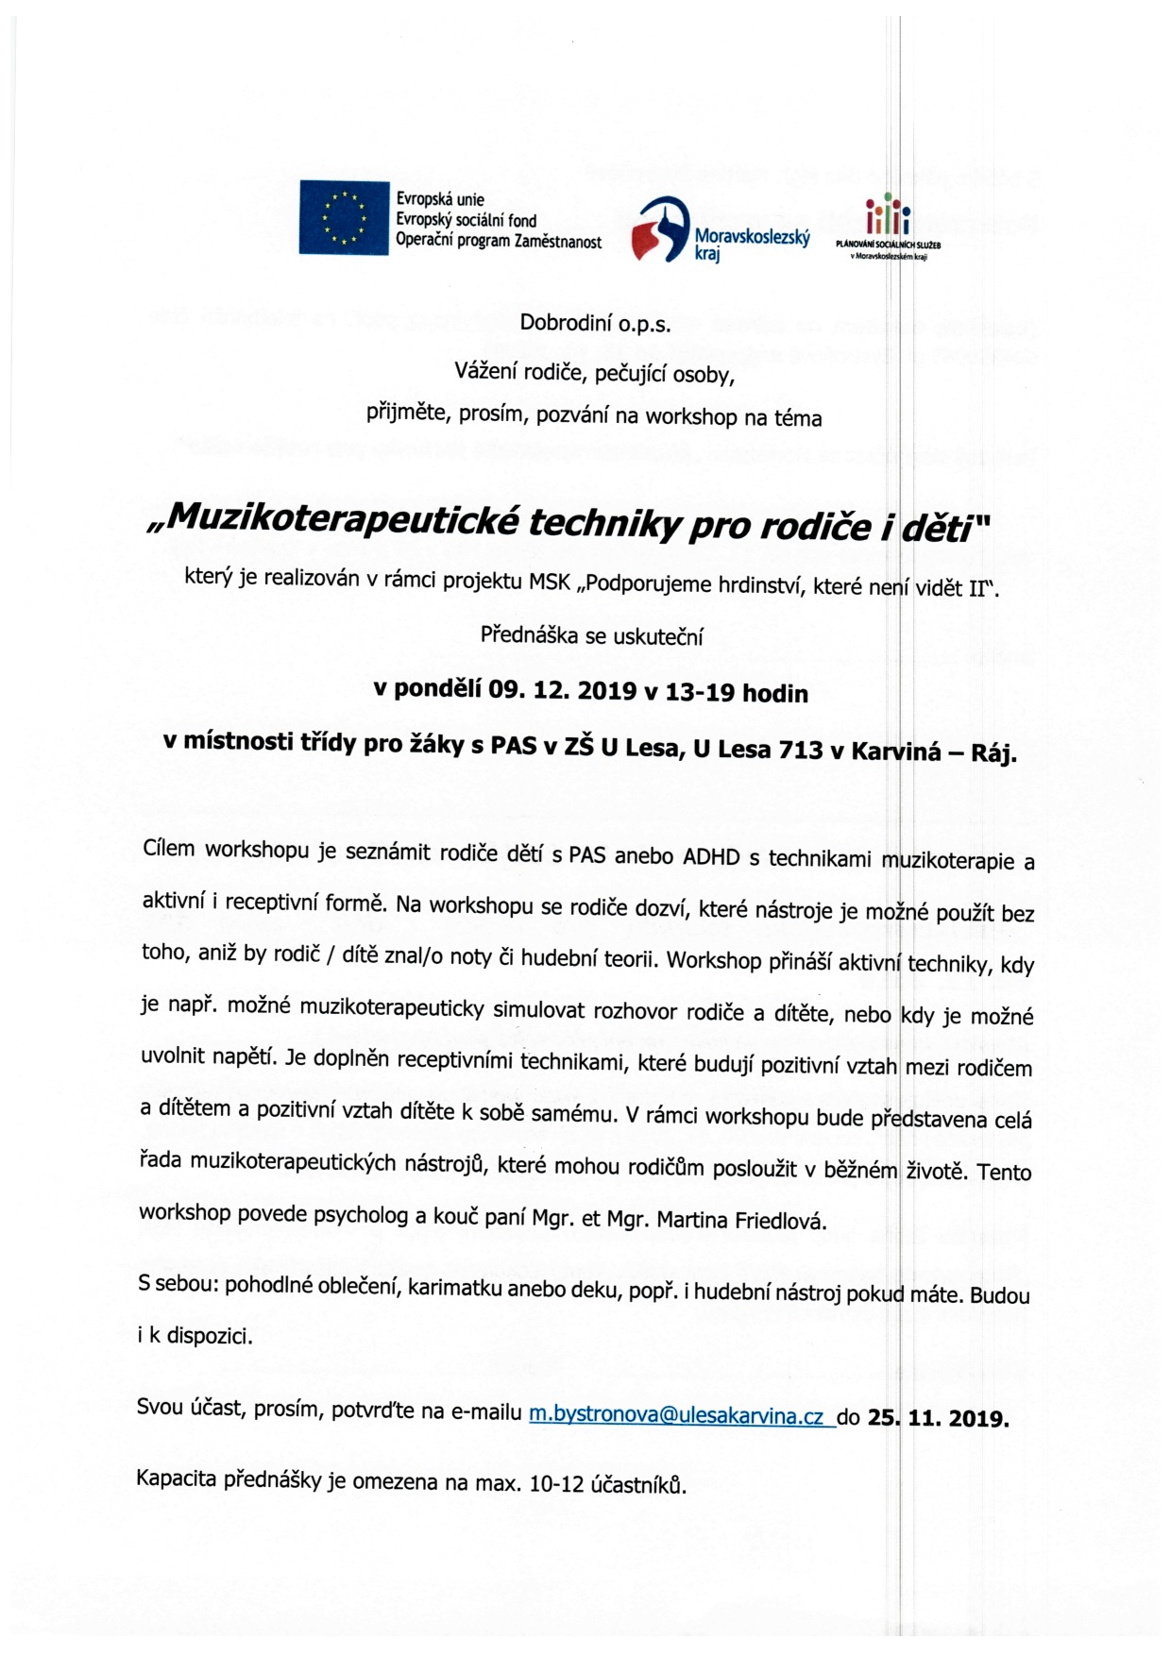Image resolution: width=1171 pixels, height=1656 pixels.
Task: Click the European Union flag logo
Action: pyautogui.click(x=344, y=217)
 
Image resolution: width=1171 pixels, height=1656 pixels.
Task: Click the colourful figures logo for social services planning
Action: pyautogui.click(x=888, y=217)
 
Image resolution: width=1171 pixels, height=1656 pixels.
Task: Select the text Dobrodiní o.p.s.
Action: pyautogui.click(x=595, y=324)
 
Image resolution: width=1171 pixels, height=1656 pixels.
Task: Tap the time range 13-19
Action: pyautogui.click(x=701, y=693)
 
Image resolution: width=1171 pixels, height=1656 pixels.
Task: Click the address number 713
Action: pyautogui.click(x=801, y=751)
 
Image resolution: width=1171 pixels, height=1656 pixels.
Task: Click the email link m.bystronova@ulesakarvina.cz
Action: pyautogui.click(x=676, y=1415)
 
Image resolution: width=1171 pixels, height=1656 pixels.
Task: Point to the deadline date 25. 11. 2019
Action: pyautogui.click(x=938, y=1418)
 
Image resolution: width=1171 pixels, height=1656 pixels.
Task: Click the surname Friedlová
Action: pyautogui.click(x=780, y=1221)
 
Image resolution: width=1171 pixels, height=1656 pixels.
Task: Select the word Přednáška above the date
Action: pyautogui.click(x=529, y=635)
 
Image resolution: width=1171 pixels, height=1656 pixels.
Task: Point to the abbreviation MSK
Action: pyautogui.click(x=551, y=582)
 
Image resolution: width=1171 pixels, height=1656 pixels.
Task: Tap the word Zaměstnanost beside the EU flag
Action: pyautogui.click(x=557, y=242)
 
